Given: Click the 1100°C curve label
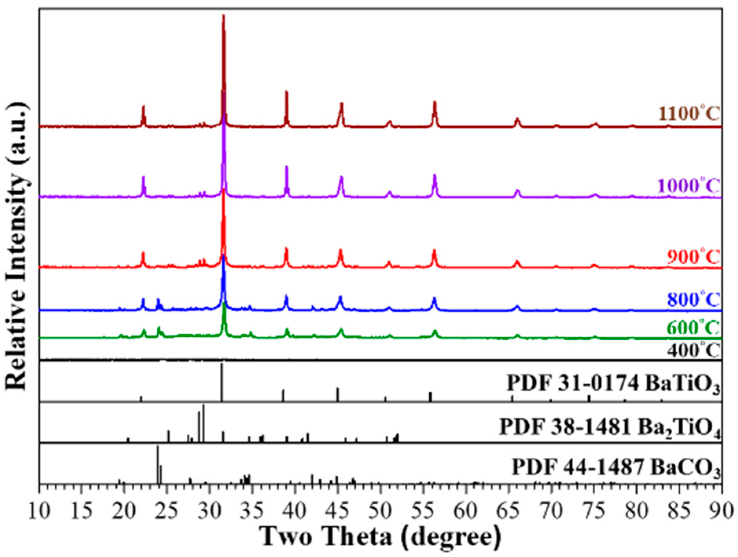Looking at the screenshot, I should (x=689, y=114).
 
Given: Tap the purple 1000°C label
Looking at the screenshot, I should (x=689, y=185).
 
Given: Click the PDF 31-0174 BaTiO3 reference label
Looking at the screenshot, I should (x=613, y=383).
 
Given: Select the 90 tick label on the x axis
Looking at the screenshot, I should (x=721, y=511).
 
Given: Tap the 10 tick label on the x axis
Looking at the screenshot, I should (x=40, y=511).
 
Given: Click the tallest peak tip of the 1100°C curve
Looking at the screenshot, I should (x=223, y=16).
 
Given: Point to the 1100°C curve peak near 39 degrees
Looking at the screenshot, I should (x=286, y=92).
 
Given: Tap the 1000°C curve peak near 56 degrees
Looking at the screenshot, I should (x=434, y=175).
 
